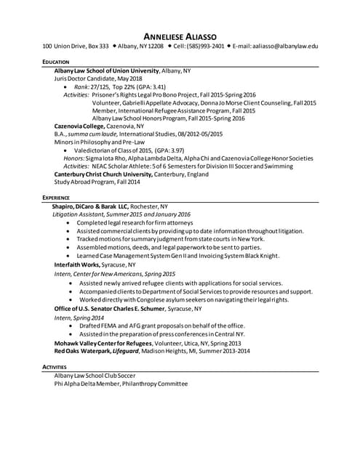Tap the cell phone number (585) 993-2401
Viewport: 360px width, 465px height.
point(198,46)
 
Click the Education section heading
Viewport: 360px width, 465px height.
point(56,62)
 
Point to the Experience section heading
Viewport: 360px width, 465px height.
point(56,198)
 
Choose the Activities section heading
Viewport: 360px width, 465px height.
point(55,368)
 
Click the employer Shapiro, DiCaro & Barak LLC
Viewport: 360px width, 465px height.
point(90,206)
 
